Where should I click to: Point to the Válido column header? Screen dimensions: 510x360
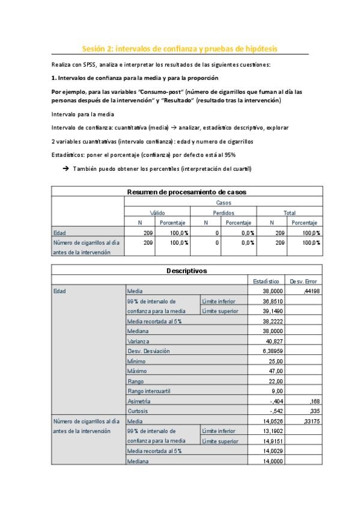coord(157,213)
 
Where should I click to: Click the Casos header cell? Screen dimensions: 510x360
coord(223,203)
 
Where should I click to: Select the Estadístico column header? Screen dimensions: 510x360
coord(265,281)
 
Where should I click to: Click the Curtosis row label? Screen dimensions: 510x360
coord(137,410)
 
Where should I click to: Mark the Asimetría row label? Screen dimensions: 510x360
coord(139,401)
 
